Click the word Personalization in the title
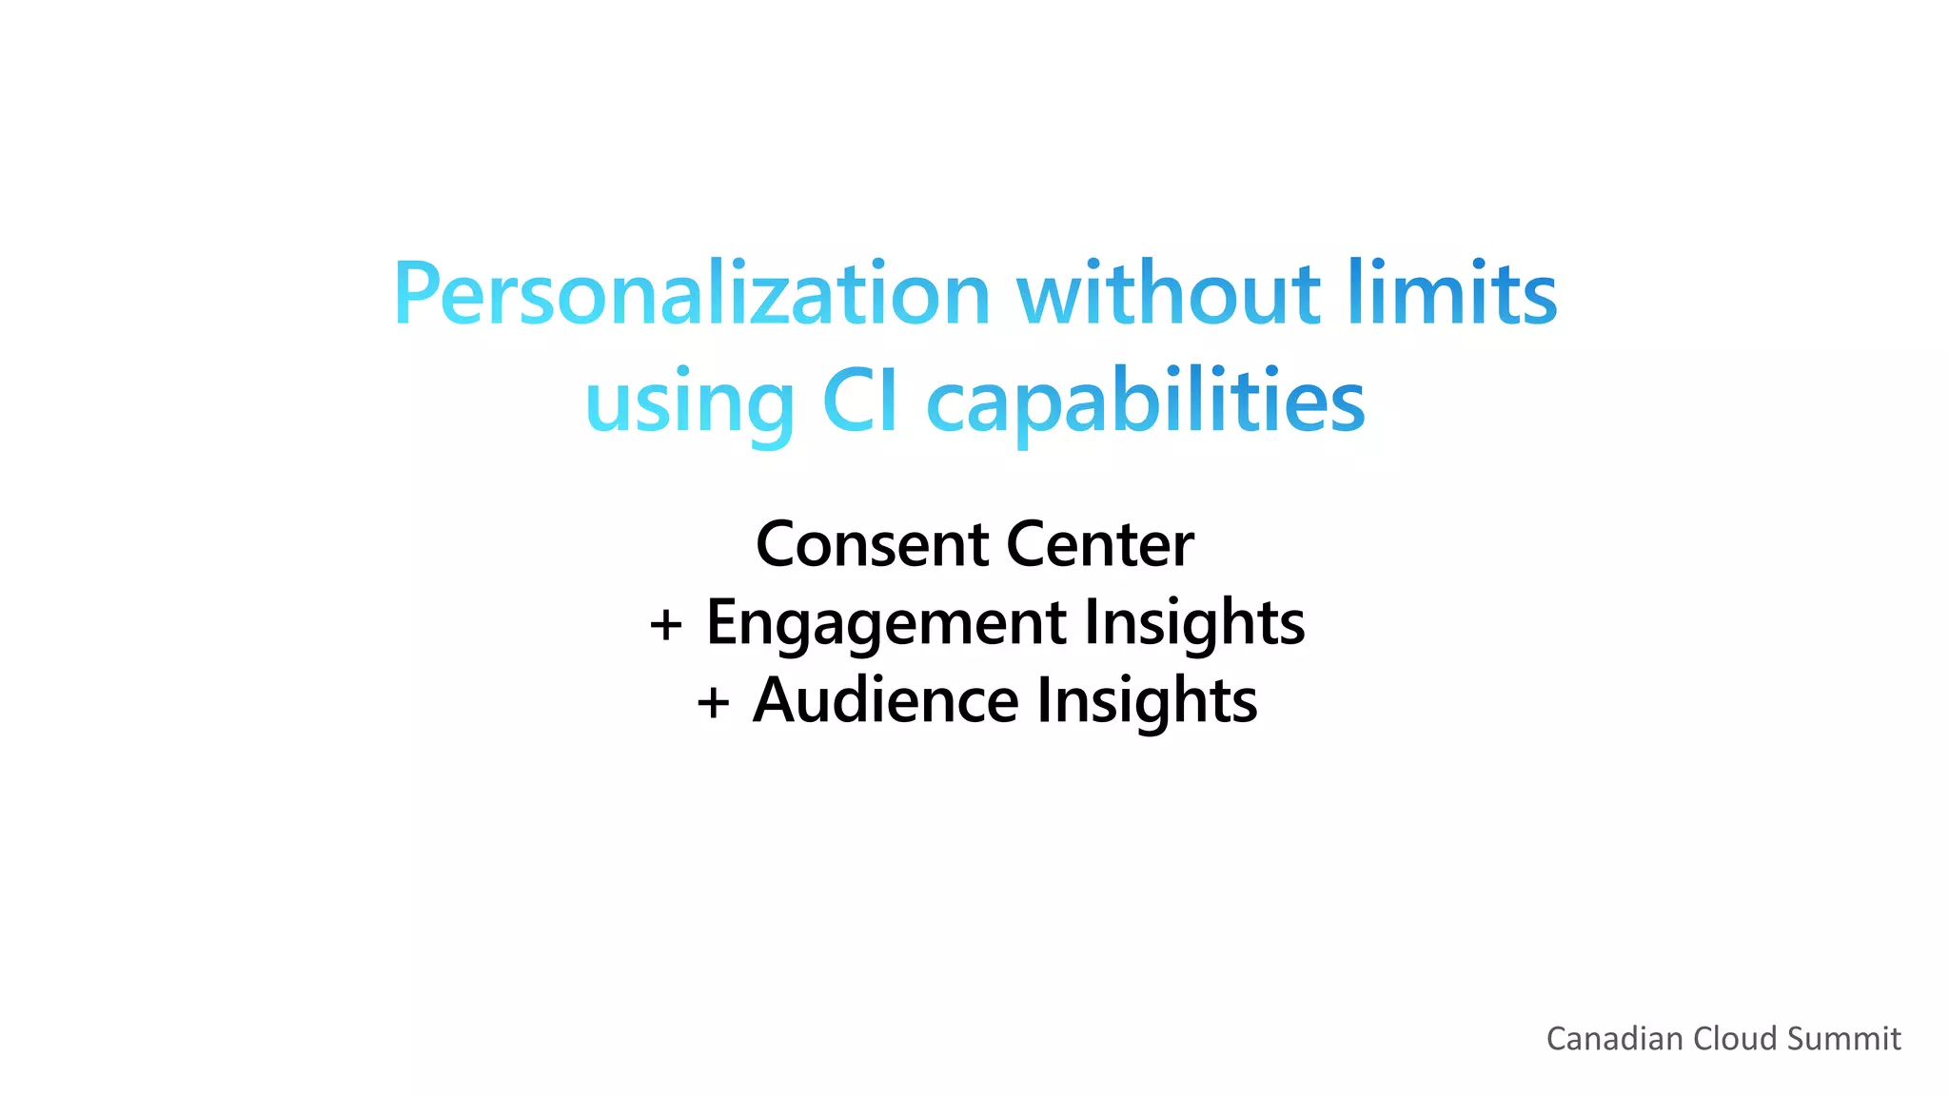[692, 295]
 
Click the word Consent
[873, 545]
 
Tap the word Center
[1100, 545]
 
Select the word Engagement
[886, 624]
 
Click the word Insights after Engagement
[1194, 624]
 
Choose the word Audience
[886, 701]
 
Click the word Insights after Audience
[1147, 702]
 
